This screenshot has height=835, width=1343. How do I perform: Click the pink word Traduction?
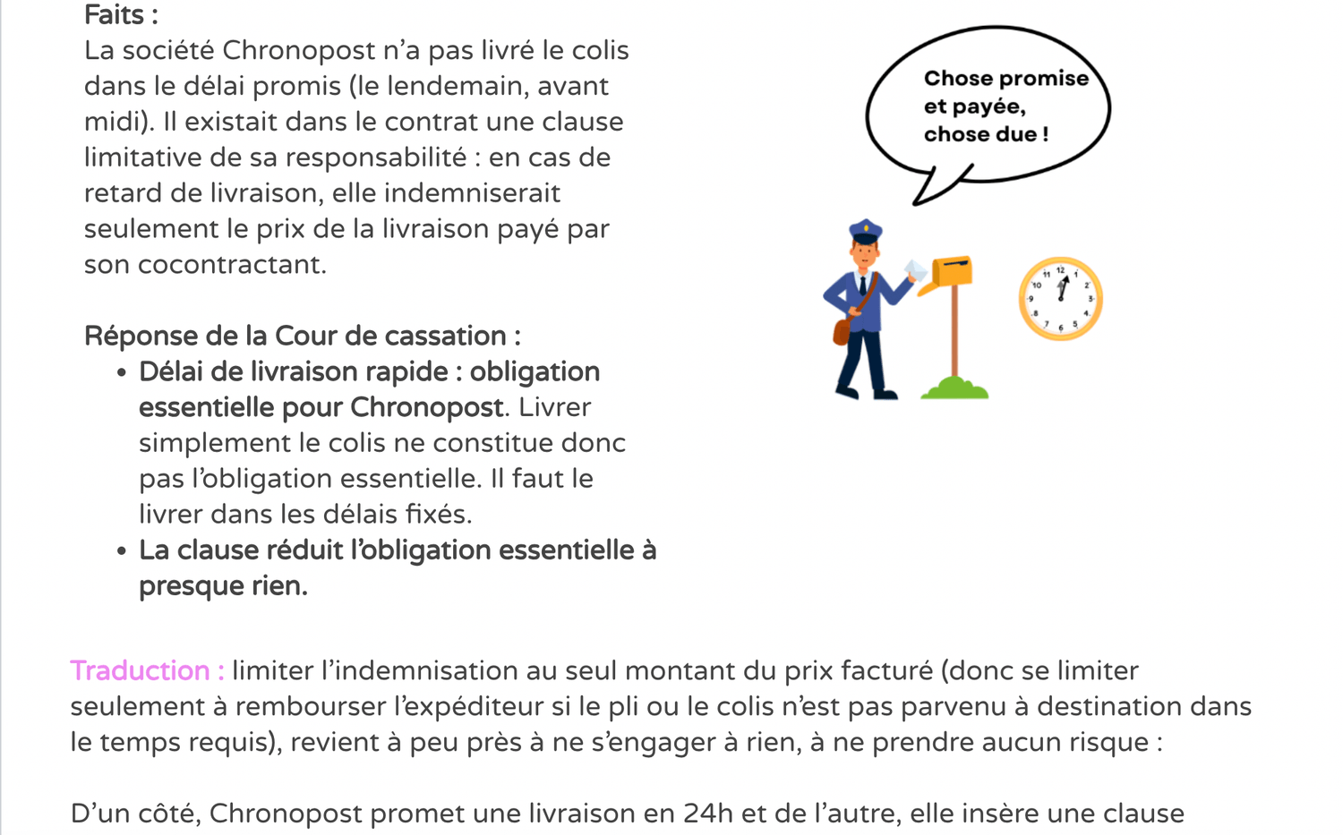140,670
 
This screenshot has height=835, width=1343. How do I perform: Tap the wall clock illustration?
1060,299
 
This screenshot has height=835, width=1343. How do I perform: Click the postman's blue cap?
865,232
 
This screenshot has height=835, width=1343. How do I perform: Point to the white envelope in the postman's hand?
915,270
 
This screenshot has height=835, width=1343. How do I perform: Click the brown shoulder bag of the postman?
842,330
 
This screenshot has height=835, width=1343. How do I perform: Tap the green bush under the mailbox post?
954,388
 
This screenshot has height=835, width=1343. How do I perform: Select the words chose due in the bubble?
980,134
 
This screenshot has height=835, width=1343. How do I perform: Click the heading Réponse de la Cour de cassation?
302,337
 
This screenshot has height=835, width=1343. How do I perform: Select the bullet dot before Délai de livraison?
122,373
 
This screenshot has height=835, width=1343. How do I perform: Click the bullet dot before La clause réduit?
122,551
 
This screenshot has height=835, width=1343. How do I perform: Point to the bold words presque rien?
223,586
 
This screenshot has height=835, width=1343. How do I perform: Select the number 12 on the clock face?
1060,269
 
